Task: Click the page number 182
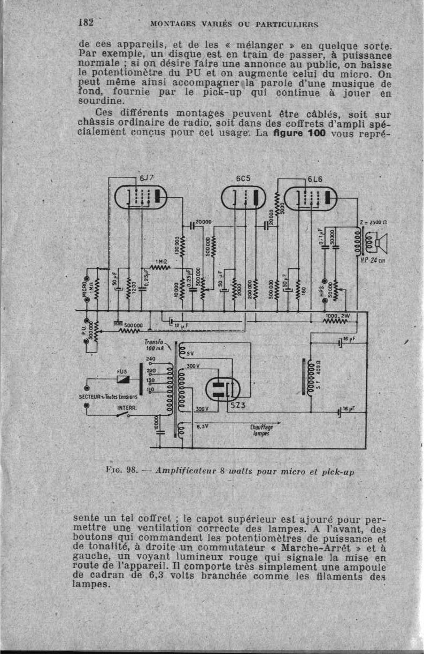pyautogui.click(x=86, y=22)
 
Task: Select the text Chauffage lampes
pyautogui.click(x=261, y=430)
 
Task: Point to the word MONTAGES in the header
pyautogui.click(x=172, y=24)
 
